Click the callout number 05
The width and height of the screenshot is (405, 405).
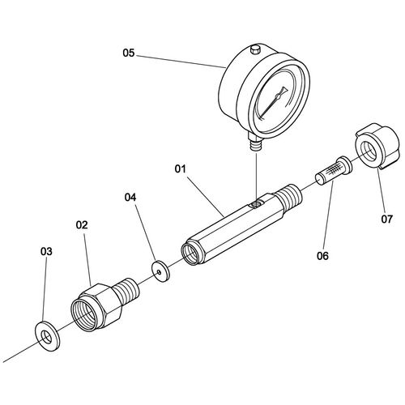tap(129, 53)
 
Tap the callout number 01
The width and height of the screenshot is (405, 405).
tap(181, 169)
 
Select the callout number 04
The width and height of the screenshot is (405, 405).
tap(130, 198)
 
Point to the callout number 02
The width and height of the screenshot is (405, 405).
tap(82, 224)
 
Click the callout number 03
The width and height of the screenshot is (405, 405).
tap(46, 252)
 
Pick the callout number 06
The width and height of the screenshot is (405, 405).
tap(322, 255)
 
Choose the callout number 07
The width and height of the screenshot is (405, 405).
tap(386, 219)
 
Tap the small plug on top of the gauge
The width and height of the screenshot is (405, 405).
tap(255, 49)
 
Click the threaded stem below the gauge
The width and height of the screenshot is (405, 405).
tap(255, 144)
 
